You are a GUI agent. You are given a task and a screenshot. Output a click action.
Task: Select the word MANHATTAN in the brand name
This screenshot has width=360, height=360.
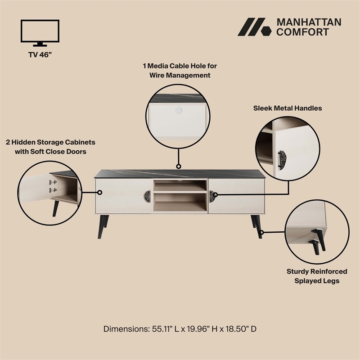[x=308, y=22]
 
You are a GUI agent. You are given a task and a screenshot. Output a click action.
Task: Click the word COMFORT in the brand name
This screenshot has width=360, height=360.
[x=302, y=32]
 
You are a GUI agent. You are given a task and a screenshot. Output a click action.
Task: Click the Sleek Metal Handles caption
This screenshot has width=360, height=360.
[x=288, y=108]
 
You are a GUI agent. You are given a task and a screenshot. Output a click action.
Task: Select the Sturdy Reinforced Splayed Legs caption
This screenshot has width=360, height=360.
[x=317, y=276]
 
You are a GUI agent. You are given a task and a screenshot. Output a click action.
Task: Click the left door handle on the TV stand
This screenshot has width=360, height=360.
[x=148, y=197]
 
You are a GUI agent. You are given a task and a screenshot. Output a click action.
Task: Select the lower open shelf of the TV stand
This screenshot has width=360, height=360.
[x=180, y=203]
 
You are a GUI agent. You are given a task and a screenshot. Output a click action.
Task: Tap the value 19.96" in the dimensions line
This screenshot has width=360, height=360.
[x=195, y=329]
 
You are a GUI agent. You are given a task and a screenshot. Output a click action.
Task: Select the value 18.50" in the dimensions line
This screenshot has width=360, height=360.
[x=234, y=329]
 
